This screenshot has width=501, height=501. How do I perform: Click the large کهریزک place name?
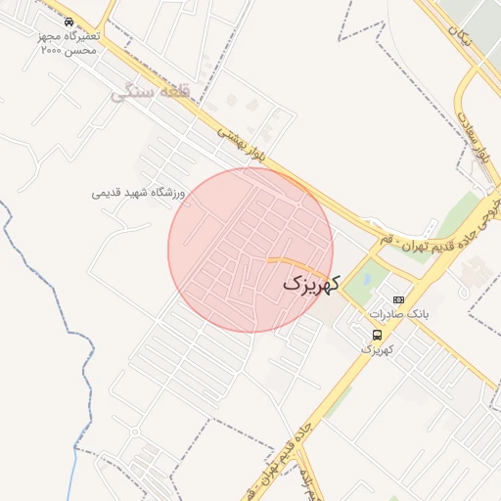click(x=311, y=284)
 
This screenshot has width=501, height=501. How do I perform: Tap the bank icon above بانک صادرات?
click(x=398, y=299)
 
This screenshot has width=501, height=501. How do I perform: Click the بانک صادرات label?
click(x=399, y=314)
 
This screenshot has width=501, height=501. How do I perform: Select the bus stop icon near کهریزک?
click(x=377, y=335)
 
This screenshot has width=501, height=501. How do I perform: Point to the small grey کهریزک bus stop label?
click(x=377, y=348)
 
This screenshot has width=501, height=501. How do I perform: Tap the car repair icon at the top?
click(x=68, y=22)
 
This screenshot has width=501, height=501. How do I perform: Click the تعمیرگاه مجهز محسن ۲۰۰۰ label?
click(x=69, y=42)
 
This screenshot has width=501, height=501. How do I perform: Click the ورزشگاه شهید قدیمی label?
click(x=139, y=193)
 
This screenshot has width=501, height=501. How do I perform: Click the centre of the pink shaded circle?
click(x=250, y=250)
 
